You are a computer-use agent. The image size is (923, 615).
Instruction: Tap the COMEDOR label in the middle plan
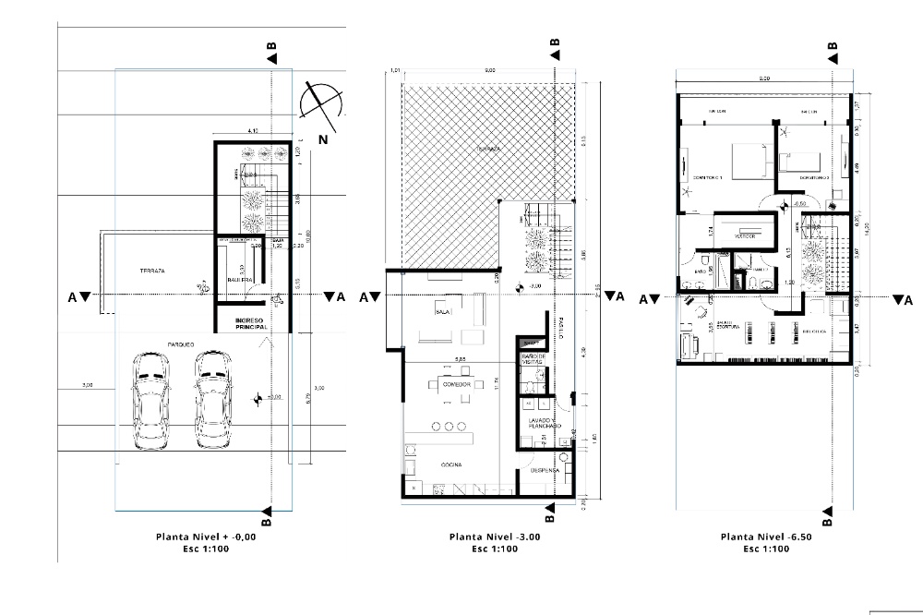(457, 383)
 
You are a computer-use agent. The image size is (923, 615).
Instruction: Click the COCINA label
(451, 464)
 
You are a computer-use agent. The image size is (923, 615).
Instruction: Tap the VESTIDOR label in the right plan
(745, 236)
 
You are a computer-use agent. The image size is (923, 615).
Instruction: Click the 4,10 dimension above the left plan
(253, 131)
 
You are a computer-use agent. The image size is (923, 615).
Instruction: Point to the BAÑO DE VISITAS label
(536, 358)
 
